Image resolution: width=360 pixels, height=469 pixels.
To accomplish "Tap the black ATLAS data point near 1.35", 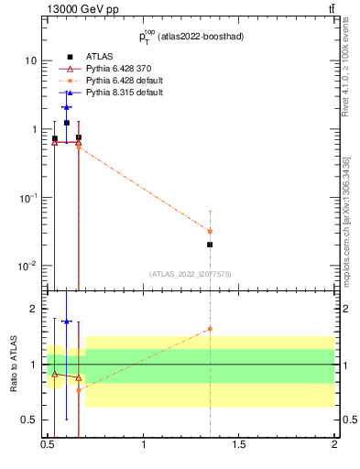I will coord(210,245).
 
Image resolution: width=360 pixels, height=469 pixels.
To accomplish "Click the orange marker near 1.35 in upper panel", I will coord(210,232).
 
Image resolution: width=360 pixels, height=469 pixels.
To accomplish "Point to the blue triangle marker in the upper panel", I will coord(67,107).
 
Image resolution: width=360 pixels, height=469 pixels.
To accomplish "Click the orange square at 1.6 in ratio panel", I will coord(210,329).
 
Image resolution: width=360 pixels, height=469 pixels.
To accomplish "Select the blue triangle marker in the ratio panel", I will coord(67,322).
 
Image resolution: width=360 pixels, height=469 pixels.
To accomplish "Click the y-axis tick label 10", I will coord(30,60).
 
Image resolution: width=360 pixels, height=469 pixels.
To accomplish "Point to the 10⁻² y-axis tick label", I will coord(27,266).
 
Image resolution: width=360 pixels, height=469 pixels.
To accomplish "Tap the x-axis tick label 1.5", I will coord(239,445).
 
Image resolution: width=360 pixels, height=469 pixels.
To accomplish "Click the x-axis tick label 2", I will coord(334,445).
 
